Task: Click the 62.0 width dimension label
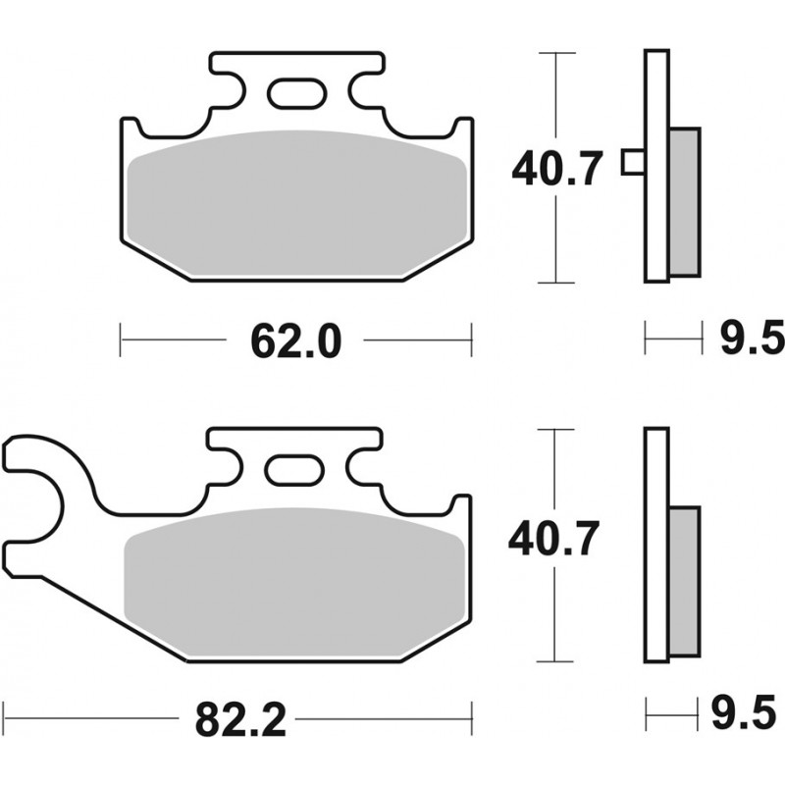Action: tap(296, 340)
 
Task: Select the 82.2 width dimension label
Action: tap(240, 719)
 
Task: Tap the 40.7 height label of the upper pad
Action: tap(555, 169)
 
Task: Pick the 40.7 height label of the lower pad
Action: tap(553, 539)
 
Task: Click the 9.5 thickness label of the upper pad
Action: tap(752, 339)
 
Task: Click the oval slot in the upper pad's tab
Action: tap(297, 93)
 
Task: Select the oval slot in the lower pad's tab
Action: tap(294, 470)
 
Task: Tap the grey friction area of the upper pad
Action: tap(297, 203)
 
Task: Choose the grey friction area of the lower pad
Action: tap(295, 581)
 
